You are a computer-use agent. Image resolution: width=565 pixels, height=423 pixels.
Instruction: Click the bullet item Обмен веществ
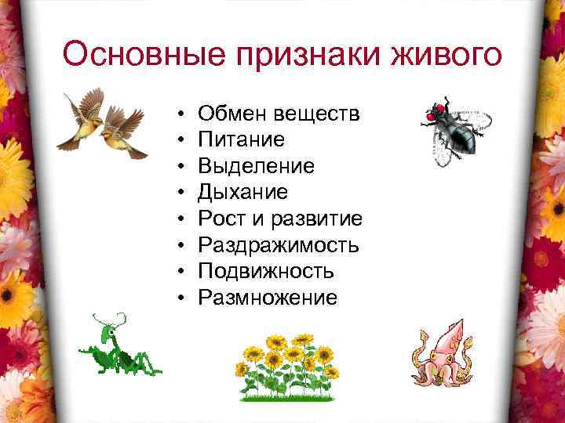click(279, 114)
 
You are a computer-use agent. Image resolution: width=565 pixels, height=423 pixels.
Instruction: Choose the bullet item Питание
click(241, 139)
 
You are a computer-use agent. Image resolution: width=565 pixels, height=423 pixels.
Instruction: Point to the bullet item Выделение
click(256, 166)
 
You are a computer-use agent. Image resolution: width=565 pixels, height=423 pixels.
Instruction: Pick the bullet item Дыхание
click(242, 193)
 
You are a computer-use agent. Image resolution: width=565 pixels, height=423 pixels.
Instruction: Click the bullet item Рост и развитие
click(279, 219)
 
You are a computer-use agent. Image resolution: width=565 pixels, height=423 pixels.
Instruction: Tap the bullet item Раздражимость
click(279, 245)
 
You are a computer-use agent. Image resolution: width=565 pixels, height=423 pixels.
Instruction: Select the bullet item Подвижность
click(266, 271)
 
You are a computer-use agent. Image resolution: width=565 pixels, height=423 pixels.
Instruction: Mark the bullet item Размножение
click(268, 298)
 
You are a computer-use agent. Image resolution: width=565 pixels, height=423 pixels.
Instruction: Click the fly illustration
click(456, 130)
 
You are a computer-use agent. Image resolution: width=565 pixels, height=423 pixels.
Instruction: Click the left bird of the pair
click(82, 117)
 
